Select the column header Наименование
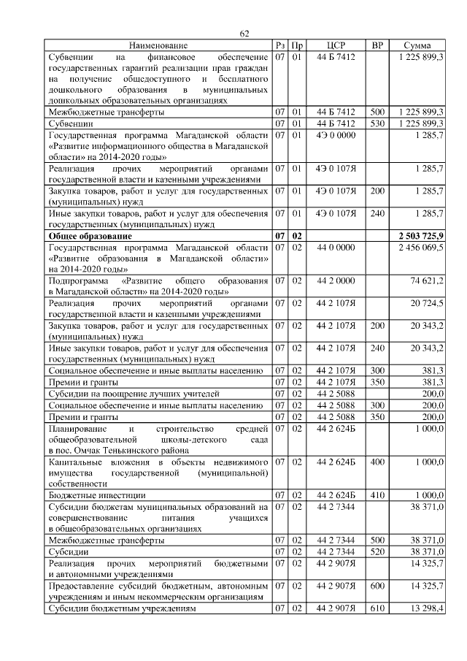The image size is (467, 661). coord(158,45)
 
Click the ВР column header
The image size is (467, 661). coord(377,45)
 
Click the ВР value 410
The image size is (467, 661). coord(377,494)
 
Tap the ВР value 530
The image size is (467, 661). coord(377,123)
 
